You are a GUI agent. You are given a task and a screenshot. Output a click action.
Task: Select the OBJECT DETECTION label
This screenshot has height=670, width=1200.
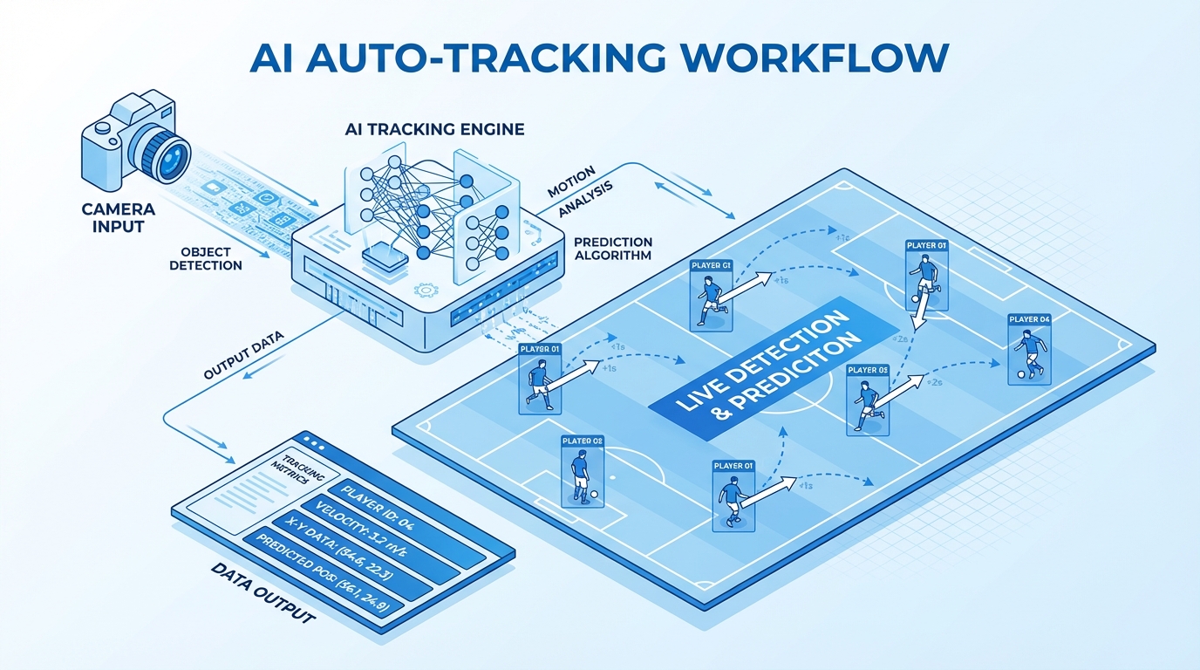tap(206, 258)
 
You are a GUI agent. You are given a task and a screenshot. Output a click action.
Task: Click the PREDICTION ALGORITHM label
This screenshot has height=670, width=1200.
tap(613, 249)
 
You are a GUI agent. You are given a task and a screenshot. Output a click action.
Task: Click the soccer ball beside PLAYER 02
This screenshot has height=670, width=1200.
tap(594, 495)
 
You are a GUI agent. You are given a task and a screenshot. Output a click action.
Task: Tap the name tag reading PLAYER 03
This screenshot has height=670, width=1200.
tap(867, 370)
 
